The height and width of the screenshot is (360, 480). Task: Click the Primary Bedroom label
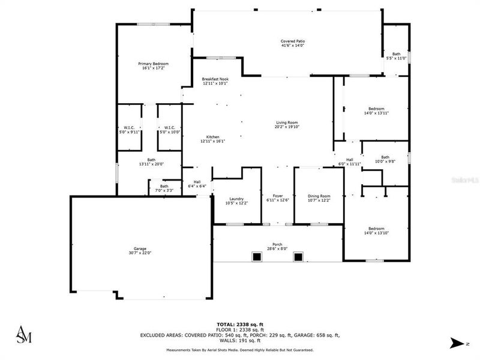(153, 64)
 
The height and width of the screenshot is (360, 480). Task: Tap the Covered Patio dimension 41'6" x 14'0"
(293, 46)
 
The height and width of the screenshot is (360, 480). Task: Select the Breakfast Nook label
(215, 79)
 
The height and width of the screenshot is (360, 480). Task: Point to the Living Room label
(287, 122)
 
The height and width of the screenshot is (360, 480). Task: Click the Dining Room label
(319, 196)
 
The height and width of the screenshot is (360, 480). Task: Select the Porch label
(277, 244)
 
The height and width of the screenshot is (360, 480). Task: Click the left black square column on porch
(257, 257)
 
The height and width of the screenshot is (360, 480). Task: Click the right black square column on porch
(298, 257)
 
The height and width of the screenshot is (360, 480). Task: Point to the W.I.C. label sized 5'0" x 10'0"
(169, 127)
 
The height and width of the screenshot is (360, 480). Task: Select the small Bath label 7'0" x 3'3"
(164, 186)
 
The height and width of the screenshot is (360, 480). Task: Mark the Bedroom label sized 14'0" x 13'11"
(376, 109)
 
